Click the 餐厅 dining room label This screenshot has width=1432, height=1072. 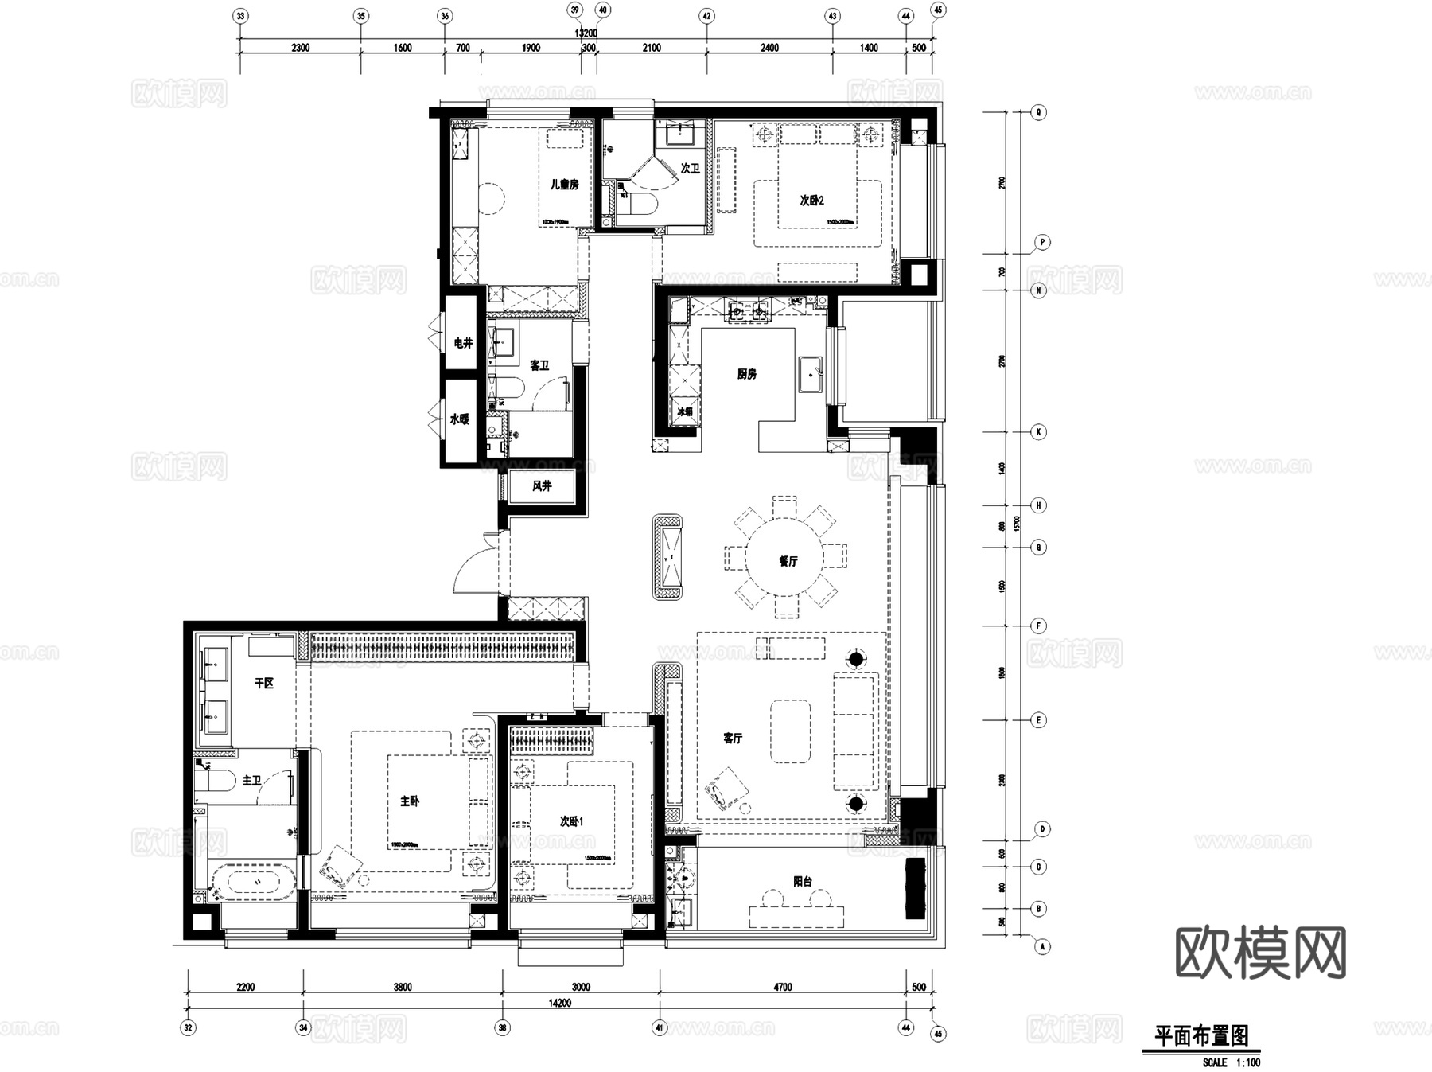click(x=788, y=561)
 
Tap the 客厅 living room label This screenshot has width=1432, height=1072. click(x=733, y=739)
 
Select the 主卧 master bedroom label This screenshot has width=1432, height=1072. click(x=410, y=801)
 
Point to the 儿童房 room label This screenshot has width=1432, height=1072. click(x=565, y=185)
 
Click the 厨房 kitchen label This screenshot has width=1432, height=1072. click(x=746, y=374)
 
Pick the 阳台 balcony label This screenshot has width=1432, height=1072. click(x=803, y=881)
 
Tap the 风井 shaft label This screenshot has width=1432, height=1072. click(x=542, y=485)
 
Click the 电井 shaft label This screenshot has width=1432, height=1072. click(x=462, y=343)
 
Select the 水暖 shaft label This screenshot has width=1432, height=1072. click(x=460, y=419)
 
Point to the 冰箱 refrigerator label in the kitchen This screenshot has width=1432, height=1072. click(x=684, y=412)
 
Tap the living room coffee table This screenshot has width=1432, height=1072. click(x=790, y=731)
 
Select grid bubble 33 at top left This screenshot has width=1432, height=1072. click(x=241, y=15)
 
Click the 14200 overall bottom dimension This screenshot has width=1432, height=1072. click(x=559, y=1003)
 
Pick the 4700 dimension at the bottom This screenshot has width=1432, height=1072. click(x=783, y=987)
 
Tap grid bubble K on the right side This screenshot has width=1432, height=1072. click(x=1038, y=432)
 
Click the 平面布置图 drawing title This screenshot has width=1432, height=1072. click(x=1201, y=1036)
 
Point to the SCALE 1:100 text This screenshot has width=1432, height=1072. click(x=1231, y=1062)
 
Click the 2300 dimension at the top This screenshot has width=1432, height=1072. click(x=300, y=48)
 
